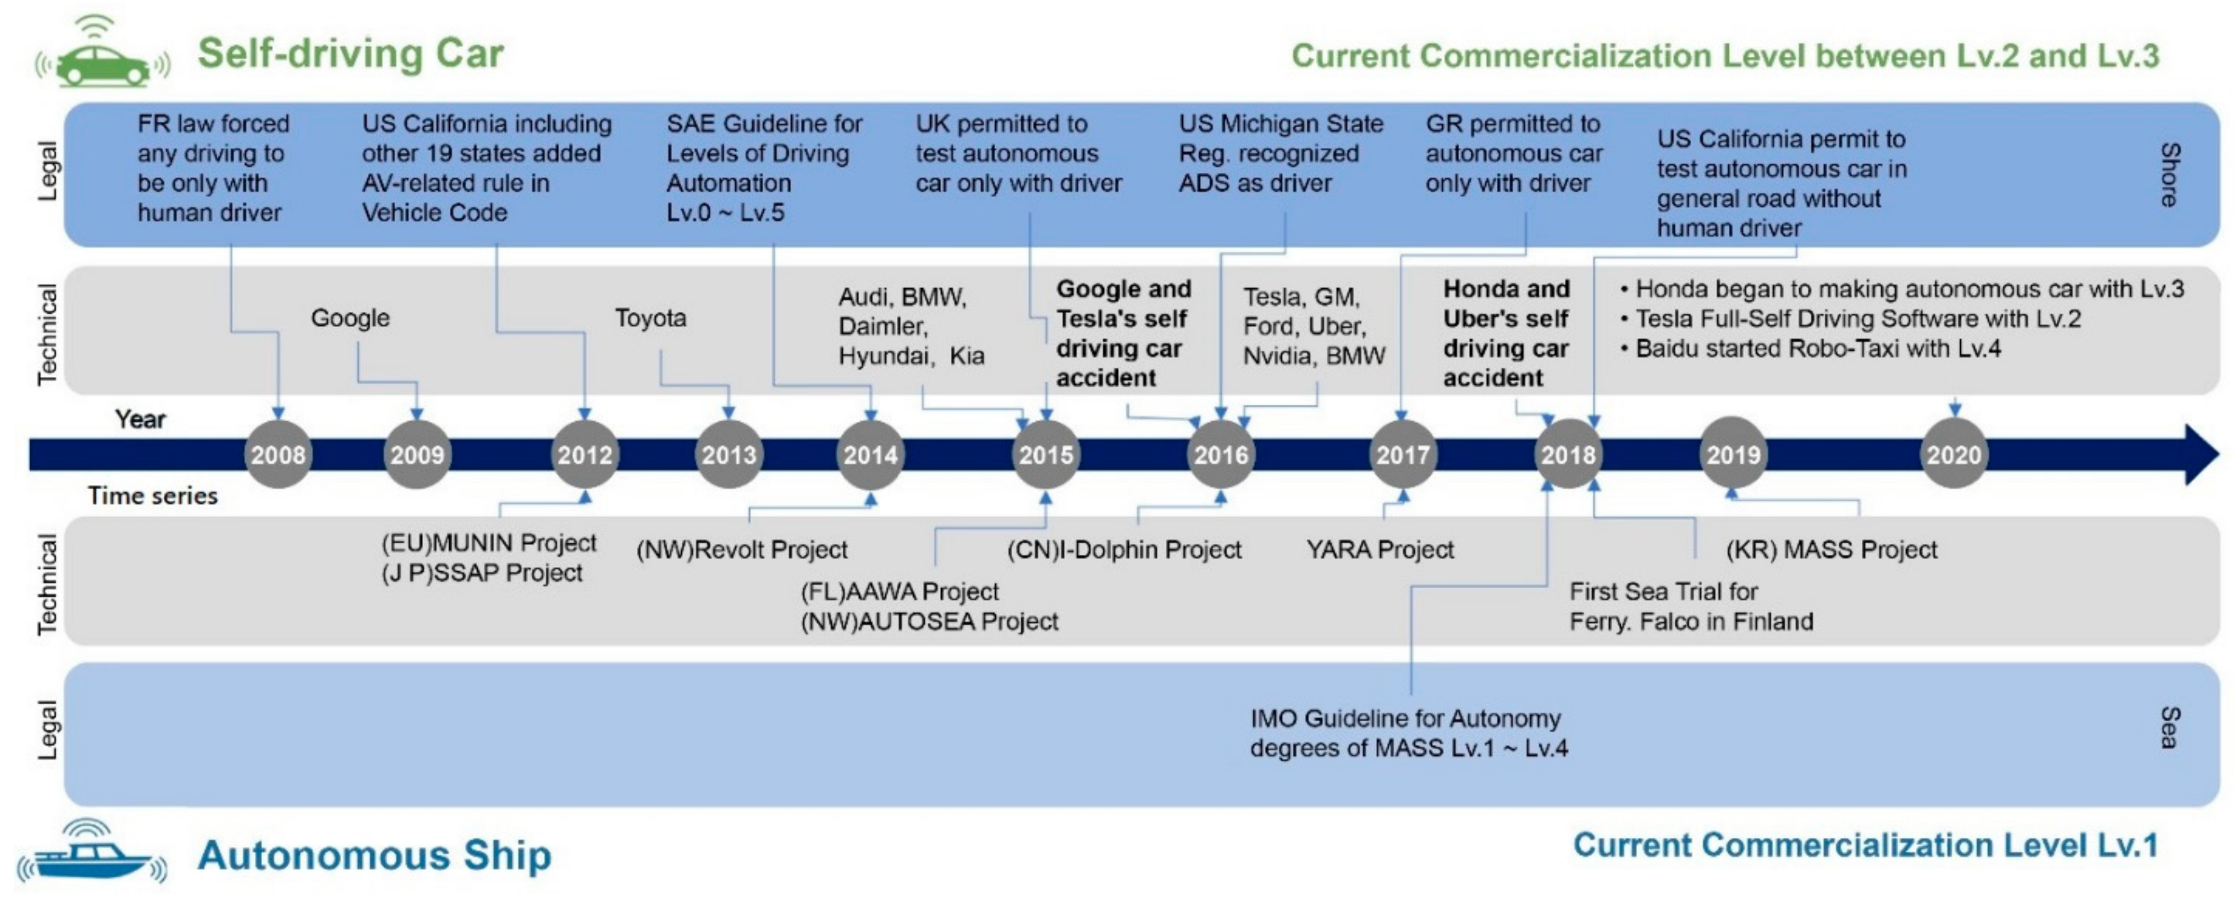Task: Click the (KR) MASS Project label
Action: (1832, 549)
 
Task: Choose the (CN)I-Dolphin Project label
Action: (1124, 549)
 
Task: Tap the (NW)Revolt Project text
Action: (742, 549)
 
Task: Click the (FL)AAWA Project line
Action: (899, 592)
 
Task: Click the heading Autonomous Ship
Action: (374, 855)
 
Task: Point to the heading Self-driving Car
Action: (351, 53)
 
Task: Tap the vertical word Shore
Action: (2169, 174)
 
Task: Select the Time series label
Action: (153, 496)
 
